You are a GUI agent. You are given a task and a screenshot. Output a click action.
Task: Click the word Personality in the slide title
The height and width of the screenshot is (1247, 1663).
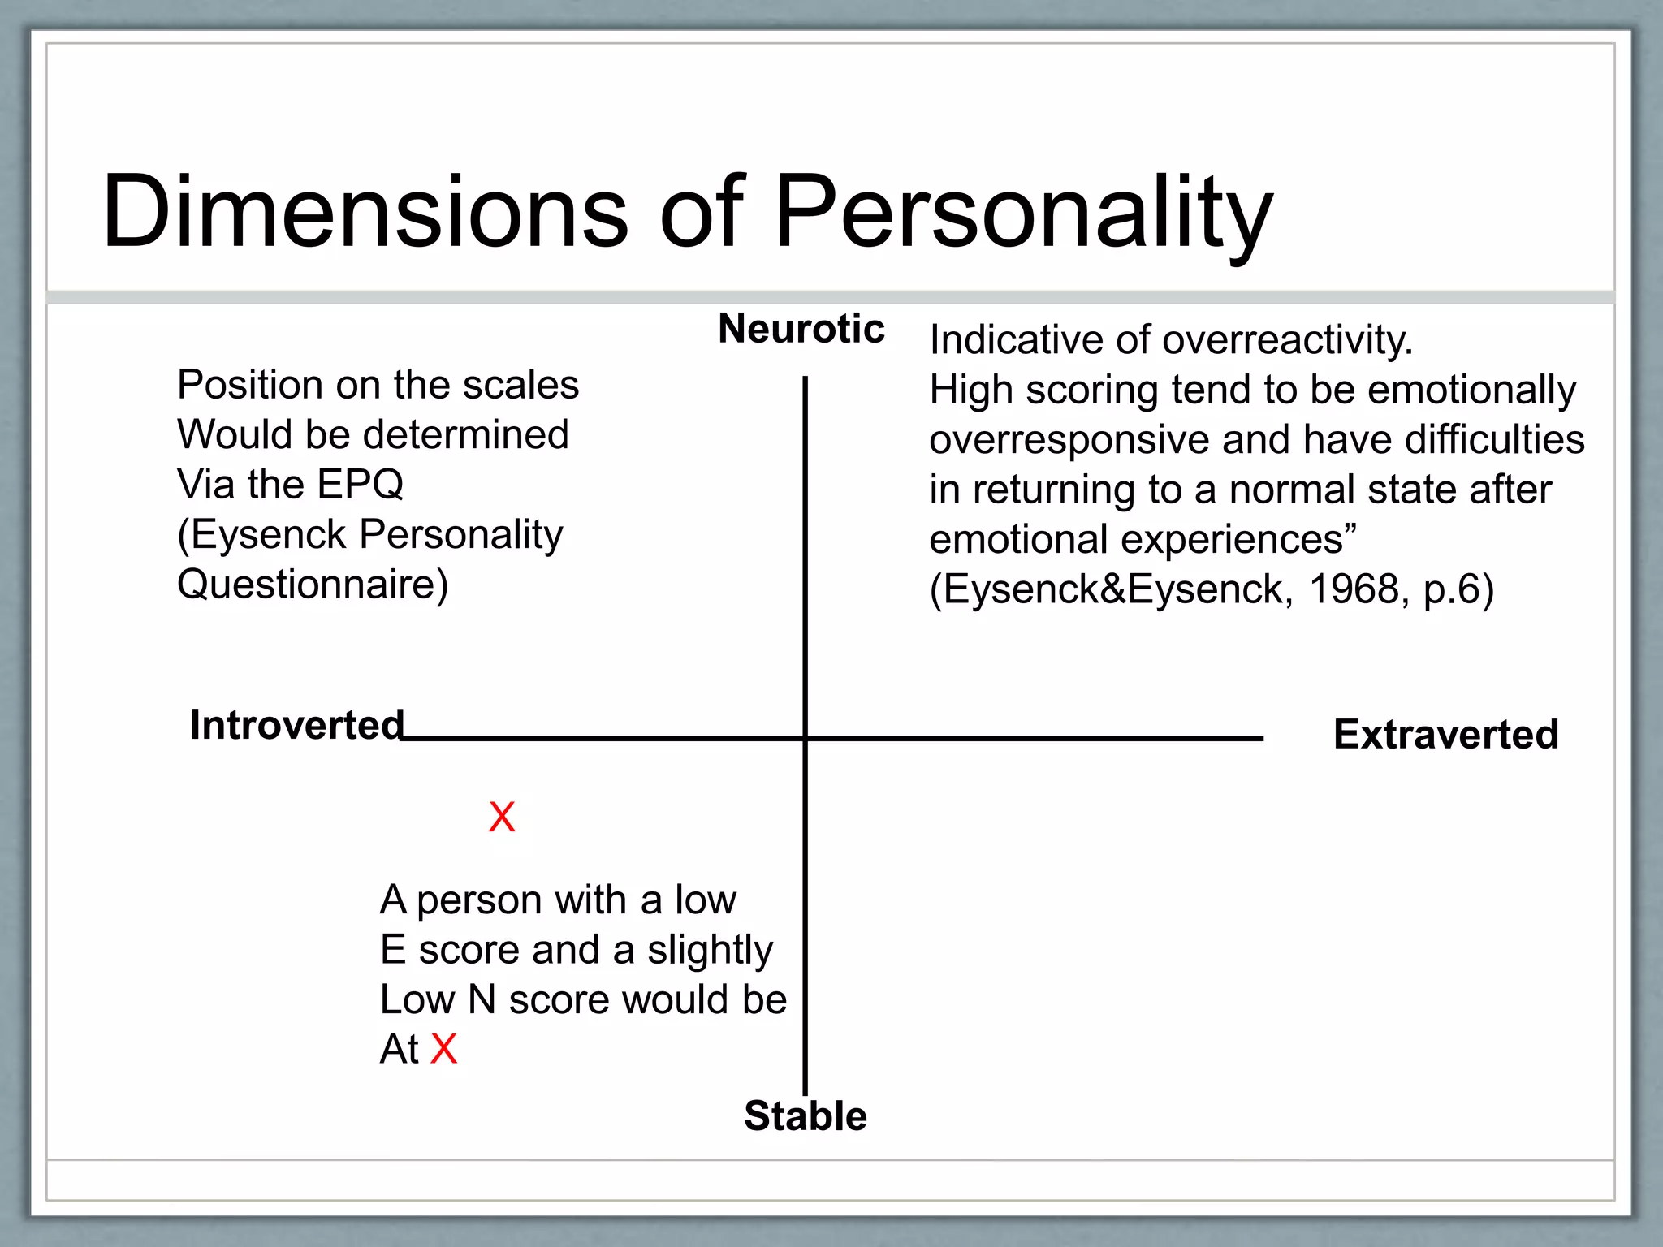[1023, 213]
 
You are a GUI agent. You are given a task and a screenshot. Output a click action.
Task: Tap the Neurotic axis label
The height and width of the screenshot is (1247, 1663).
[801, 329]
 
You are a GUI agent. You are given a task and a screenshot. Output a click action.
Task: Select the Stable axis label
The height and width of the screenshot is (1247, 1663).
[805, 1115]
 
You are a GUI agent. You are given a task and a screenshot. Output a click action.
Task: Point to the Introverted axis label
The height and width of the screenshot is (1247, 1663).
[296, 724]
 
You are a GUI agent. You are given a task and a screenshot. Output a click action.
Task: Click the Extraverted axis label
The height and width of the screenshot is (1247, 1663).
[1445, 734]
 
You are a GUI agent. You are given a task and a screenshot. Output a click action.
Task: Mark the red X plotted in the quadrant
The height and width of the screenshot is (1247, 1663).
[502, 817]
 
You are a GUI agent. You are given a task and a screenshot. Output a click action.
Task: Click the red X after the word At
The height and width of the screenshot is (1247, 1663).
[444, 1049]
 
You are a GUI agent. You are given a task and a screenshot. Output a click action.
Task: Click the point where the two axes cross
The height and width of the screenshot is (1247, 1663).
[806, 738]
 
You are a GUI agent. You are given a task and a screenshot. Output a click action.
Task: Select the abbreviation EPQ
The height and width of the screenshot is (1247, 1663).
[360, 485]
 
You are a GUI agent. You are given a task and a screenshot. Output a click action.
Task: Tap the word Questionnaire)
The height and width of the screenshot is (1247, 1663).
[313, 585]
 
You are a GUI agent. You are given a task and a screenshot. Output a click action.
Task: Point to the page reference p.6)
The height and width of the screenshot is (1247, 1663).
[1458, 589]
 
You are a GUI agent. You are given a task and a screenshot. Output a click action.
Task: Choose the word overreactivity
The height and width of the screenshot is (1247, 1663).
[1288, 339]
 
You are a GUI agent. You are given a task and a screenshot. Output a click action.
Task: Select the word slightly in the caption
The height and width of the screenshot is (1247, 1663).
[710, 950]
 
